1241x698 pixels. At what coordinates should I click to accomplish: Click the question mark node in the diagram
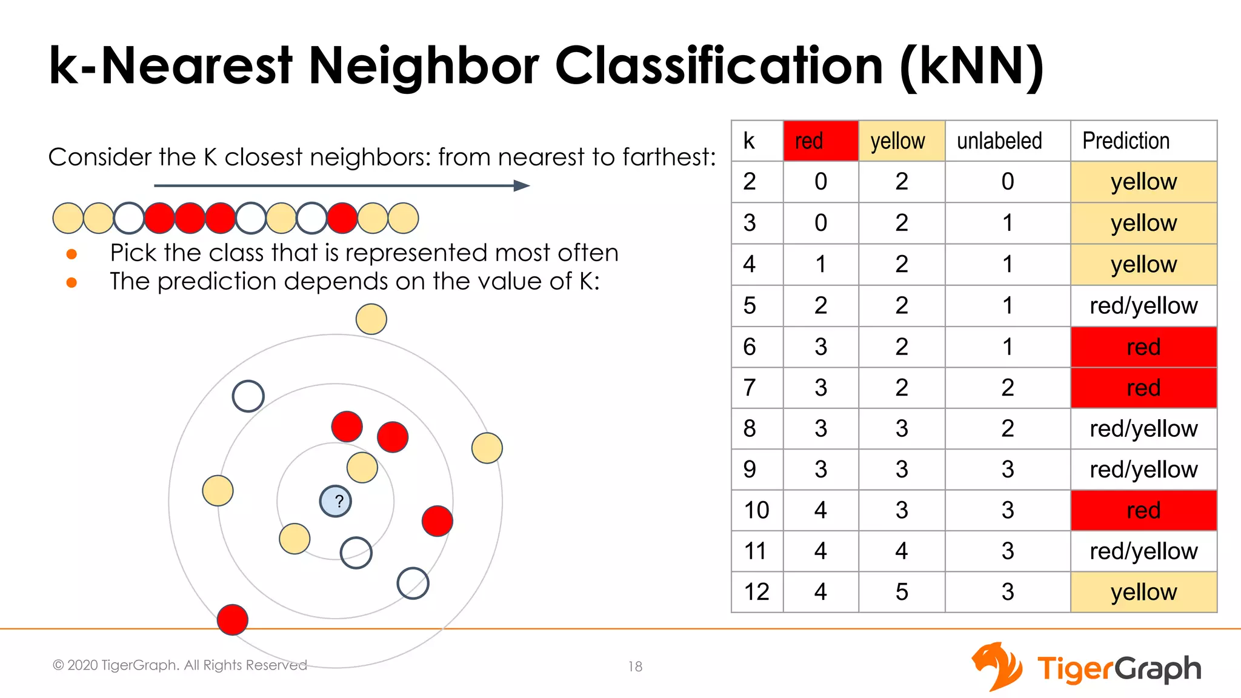coord(335,501)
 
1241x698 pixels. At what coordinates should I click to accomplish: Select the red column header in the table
coord(820,141)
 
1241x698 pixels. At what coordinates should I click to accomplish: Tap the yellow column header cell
coord(901,141)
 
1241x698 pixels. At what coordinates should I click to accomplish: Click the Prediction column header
coord(1143,141)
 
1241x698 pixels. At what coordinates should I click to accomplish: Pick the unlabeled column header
coord(1007,141)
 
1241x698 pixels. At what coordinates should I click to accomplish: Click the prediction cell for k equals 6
coord(1143,347)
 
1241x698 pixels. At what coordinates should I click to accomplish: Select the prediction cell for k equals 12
coord(1143,592)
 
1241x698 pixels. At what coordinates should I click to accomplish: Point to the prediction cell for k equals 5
coord(1143,306)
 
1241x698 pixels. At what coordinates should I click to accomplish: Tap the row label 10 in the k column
coord(756,510)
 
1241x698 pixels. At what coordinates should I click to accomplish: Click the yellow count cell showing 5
coord(902,592)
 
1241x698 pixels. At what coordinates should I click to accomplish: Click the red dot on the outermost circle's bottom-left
coord(233,619)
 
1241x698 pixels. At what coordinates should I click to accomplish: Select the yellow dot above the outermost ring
coord(371,319)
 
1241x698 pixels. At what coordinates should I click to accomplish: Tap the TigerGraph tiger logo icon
coord(997,666)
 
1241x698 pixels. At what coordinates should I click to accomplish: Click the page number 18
coord(635,666)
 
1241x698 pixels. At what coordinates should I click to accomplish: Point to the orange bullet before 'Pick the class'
coord(72,254)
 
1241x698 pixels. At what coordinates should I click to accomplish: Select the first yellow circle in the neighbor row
coord(68,218)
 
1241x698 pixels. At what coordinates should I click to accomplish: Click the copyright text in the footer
coord(180,665)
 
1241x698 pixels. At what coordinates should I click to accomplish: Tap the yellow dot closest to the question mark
coord(362,467)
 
